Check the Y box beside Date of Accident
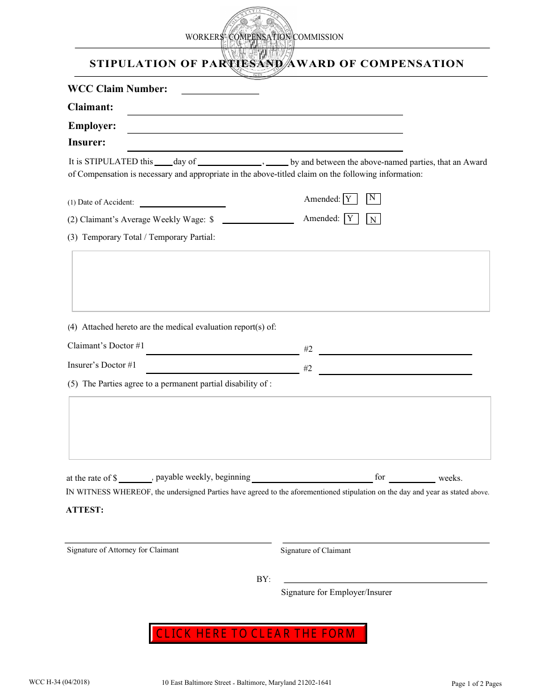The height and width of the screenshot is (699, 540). [351, 199]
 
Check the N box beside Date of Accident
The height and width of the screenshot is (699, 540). [373, 198]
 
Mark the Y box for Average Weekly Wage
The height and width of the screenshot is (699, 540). [351, 219]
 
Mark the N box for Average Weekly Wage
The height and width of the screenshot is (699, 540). [373, 219]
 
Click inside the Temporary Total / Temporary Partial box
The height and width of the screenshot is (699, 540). [280, 281]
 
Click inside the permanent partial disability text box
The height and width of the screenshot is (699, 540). [280, 427]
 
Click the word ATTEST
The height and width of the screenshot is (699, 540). [85, 510]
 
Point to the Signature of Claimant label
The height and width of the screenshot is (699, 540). [315, 550]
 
